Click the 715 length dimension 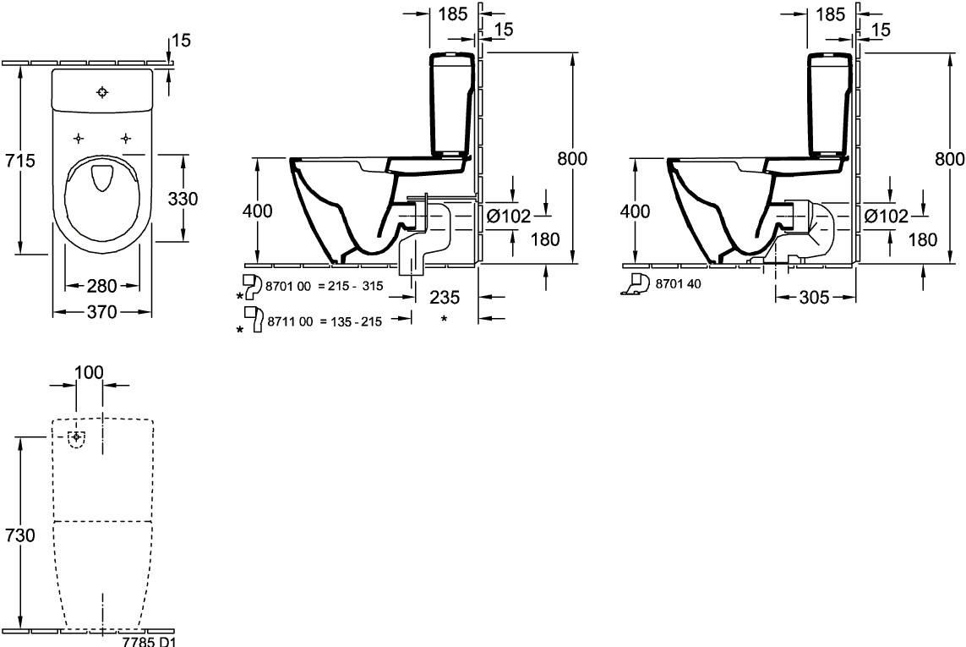(x=20, y=161)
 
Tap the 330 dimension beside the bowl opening (x=183, y=199)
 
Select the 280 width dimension (x=101, y=286)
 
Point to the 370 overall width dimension (x=101, y=312)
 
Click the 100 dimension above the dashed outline (x=89, y=372)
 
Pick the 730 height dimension (x=20, y=535)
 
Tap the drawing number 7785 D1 (x=149, y=641)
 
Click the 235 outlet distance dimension (x=445, y=298)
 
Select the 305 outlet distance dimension (x=814, y=298)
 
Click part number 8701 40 (x=678, y=283)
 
